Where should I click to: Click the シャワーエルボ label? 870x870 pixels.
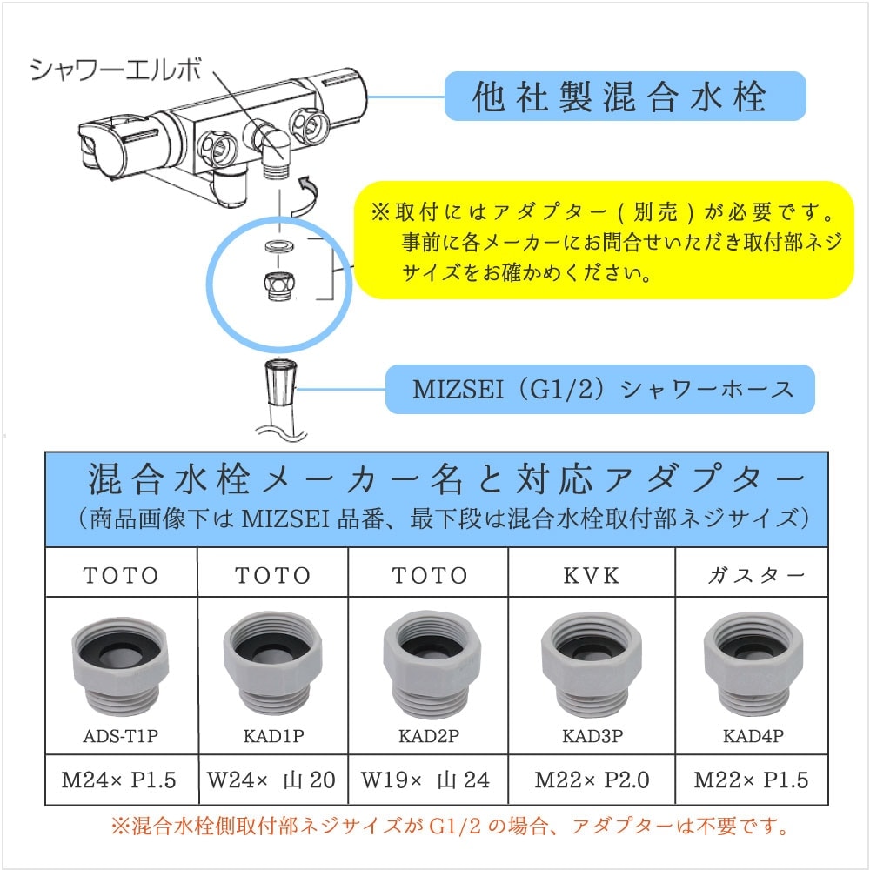tap(116, 71)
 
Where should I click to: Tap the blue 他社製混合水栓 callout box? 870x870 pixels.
tap(625, 96)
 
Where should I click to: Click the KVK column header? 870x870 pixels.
tap(592, 575)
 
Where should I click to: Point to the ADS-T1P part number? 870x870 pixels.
tap(121, 736)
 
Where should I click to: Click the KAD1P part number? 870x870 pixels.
tap(273, 736)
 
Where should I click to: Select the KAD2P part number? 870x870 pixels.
tap(429, 736)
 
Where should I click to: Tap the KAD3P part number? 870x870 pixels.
tap(592, 736)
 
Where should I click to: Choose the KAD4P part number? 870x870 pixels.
tap(753, 736)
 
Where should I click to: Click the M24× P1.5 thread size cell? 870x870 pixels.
tap(118, 780)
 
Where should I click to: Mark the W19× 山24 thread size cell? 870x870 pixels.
tap(425, 780)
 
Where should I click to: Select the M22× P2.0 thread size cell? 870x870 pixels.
tap(592, 780)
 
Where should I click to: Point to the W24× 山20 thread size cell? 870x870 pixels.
tap(271, 780)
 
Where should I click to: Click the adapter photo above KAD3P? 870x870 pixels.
tap(592, 664)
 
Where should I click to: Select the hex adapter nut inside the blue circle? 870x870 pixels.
tap(279, 285)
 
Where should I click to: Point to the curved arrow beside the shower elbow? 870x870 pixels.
tap(306, 197)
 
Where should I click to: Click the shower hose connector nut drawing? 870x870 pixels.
tap(280, 381)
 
